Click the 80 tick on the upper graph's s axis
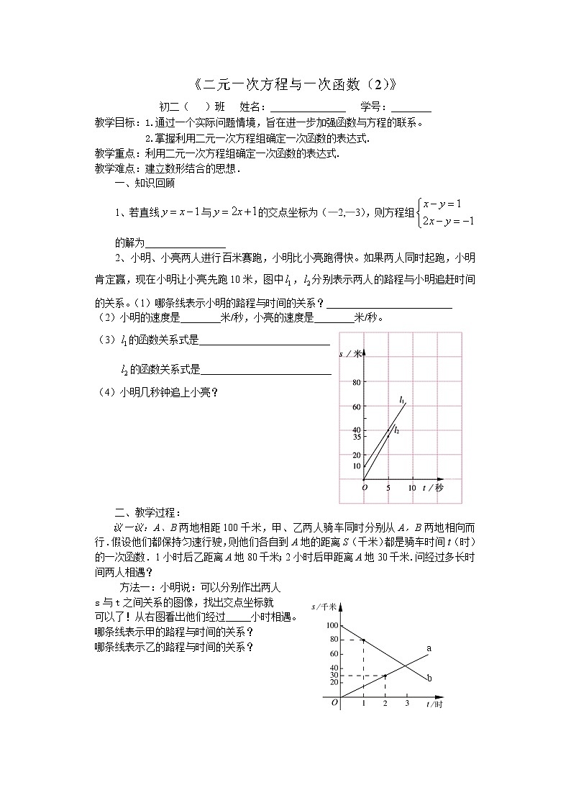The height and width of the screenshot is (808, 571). pos(355,383)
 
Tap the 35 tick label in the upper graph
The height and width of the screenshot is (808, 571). pos(355,437)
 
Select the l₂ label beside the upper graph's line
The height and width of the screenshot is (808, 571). pos(396,430)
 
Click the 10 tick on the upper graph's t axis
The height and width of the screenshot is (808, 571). pos(412,488)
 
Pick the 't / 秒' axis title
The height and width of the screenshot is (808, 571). pos(434,488)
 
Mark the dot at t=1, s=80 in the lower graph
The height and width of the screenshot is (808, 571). pos(363,640)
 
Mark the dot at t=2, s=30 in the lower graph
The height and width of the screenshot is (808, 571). pos(385,676)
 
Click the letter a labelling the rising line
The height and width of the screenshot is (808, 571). pos(429,649)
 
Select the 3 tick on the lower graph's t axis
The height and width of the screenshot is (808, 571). pos(407,703)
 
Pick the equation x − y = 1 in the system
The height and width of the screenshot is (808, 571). pos(442,204)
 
